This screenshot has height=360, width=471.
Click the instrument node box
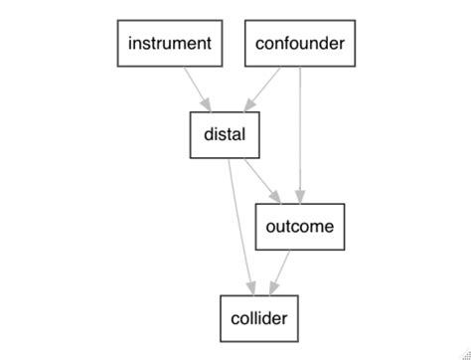[168, 44]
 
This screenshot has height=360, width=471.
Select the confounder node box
[300, 44]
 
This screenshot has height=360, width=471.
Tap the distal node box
[225, 134]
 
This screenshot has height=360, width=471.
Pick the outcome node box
[299, 227]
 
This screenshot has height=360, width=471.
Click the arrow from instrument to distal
[196, 89]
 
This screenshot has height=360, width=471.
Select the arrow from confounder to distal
[263, 89]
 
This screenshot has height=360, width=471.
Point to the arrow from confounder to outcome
[300, 129]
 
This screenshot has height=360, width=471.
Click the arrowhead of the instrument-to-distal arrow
[207, 106]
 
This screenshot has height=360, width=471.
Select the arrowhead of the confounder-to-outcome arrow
[300, 197]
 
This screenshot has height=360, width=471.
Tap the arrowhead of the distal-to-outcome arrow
[274, 197]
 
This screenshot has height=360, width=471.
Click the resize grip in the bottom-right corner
[464, 353]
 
